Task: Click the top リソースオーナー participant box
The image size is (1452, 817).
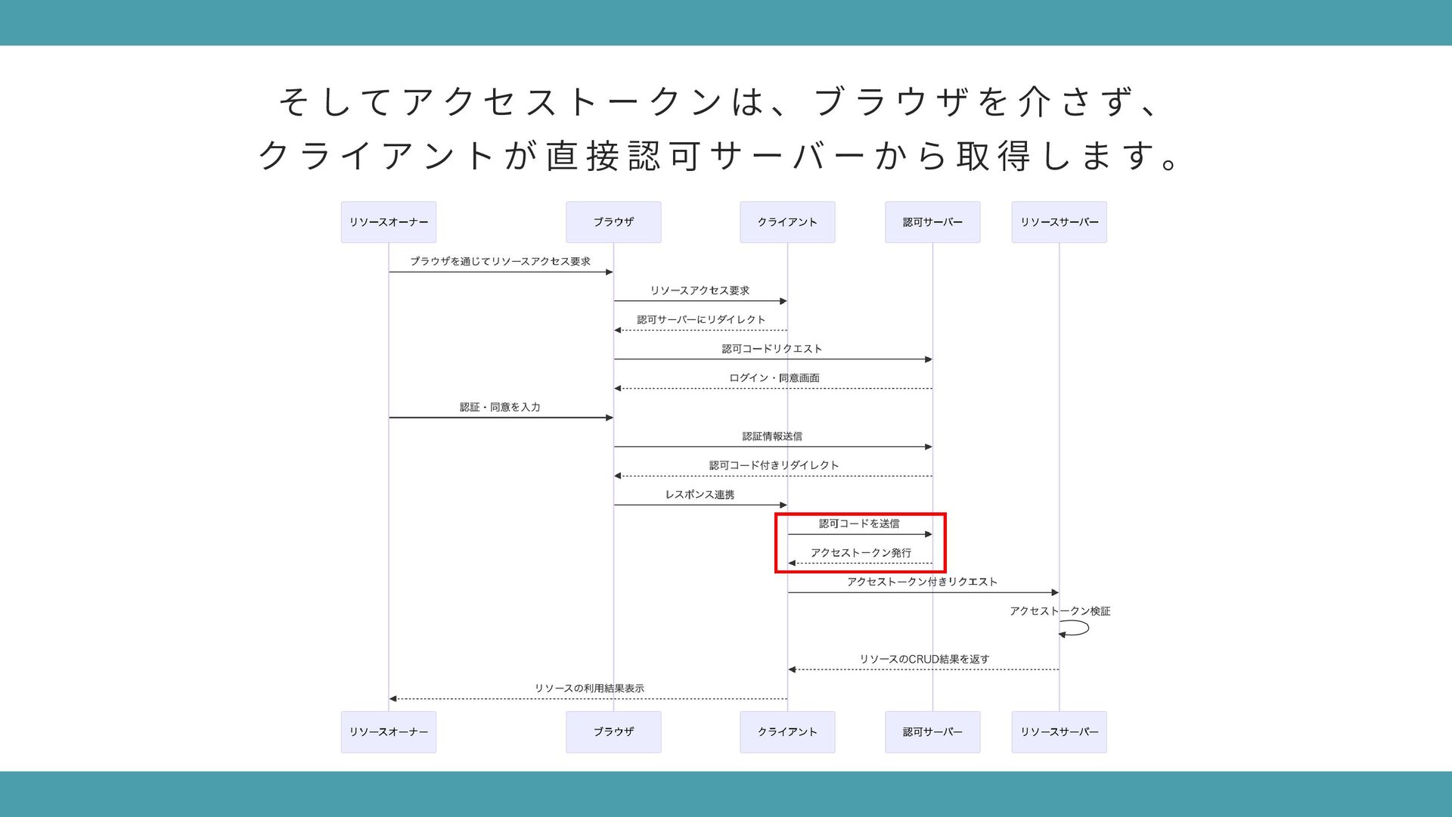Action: pos(388,222)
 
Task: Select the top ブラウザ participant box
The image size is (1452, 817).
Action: pos(613,222)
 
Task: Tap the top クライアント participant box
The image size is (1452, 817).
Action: pos(787,222)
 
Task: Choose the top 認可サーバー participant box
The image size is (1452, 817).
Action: pos(932,222)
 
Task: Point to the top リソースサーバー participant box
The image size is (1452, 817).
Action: pos(1059,222)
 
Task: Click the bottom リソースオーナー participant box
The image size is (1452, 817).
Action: pos(388,732)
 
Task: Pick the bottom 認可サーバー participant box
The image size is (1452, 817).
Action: pos(932,732)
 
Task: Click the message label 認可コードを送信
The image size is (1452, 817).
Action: pos(859,523)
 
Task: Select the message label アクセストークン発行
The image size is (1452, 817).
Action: pos(861,553)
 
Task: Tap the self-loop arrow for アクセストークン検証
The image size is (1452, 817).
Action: pos(1075,629)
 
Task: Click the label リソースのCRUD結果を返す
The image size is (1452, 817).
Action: pos(924,659)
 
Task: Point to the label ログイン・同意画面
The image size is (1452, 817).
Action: pos(774,377)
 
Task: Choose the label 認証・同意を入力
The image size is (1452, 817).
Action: pos(500,407)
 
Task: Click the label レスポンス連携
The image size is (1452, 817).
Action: pos(700,495)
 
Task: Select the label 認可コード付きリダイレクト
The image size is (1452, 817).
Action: pos(774,465)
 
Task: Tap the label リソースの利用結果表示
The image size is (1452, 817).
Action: pos(589,688)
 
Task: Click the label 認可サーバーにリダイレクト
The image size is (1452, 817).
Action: pos(701,319)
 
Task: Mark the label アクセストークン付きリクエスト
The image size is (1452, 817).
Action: pos(922,582)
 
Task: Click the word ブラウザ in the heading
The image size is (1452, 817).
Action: pos(892,102)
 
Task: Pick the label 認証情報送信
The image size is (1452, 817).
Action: pos(772,436)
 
